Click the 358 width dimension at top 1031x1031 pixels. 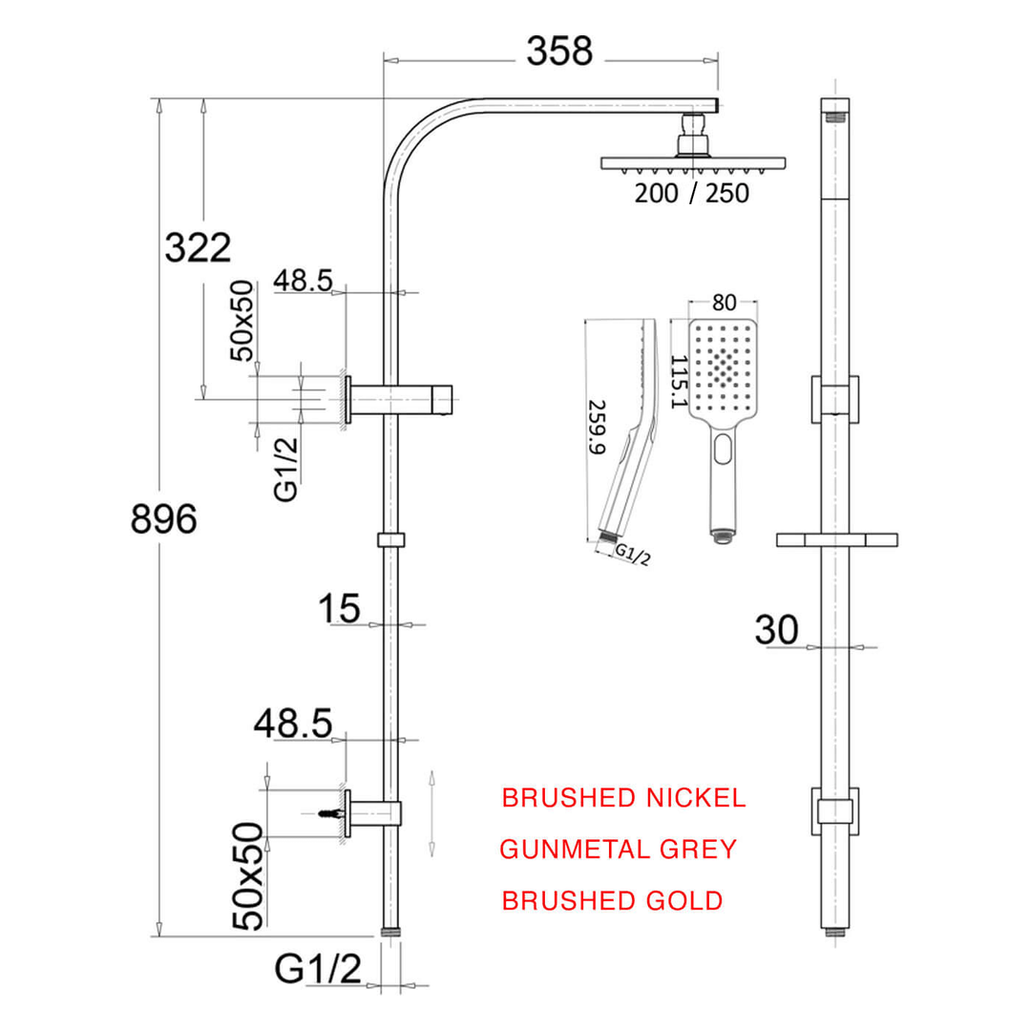pyautogui.click(x=559, y=52)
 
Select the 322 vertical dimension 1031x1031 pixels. pyautogui.click(x=198, y=248)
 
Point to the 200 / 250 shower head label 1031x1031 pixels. pyautogui.click(x=692, y=193)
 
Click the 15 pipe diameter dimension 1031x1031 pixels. pyautogui.click(x=340, y=608)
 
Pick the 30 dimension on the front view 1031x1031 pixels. pyautogui.click(x=776, y=630)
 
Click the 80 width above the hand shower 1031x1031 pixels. pyautogui.click(x=724, y=304)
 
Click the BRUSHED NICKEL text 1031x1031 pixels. pyautogui.click(x=623, y=798)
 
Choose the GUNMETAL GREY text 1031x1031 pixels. pyautogui.click(x=619, y=849)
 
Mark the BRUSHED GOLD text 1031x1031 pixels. pyautogui.click(x=612, y=900)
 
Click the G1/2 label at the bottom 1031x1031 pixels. pyautogui.click(x=318, y=970)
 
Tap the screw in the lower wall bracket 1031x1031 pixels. pyautogui.click(x=330, y=813)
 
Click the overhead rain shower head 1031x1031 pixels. pyautogui.click(x=693, y=162)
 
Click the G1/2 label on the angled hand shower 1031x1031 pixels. pyautogui.click(x=632, y=554)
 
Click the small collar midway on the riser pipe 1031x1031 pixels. pyautogui.click(x=390, y=540)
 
